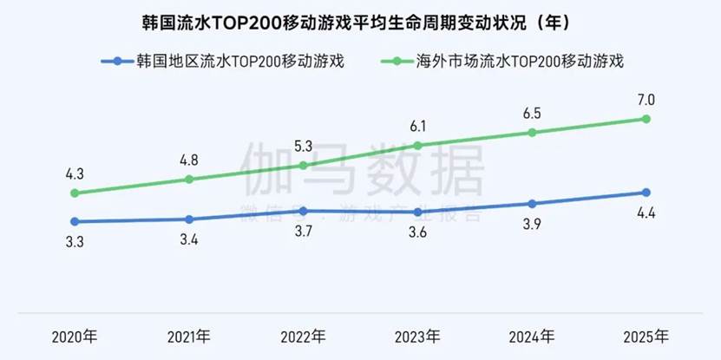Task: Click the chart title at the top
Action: (x=360, y=22)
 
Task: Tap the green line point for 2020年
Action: (x=75, y=193)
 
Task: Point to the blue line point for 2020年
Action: (x=75, y=221)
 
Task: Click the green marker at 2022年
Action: (x=303, y=165)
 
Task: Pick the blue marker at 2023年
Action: (x=417, y=212)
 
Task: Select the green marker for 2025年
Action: (x=646, y=119)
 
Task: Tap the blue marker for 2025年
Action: (x=646, y=193)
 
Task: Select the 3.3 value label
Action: (x=75, y=243)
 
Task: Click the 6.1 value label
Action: (x=417, y=126)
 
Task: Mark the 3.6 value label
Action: (x=417, y=233)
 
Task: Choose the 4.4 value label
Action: (x=646, y=214)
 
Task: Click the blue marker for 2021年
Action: (x=188, y=219)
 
